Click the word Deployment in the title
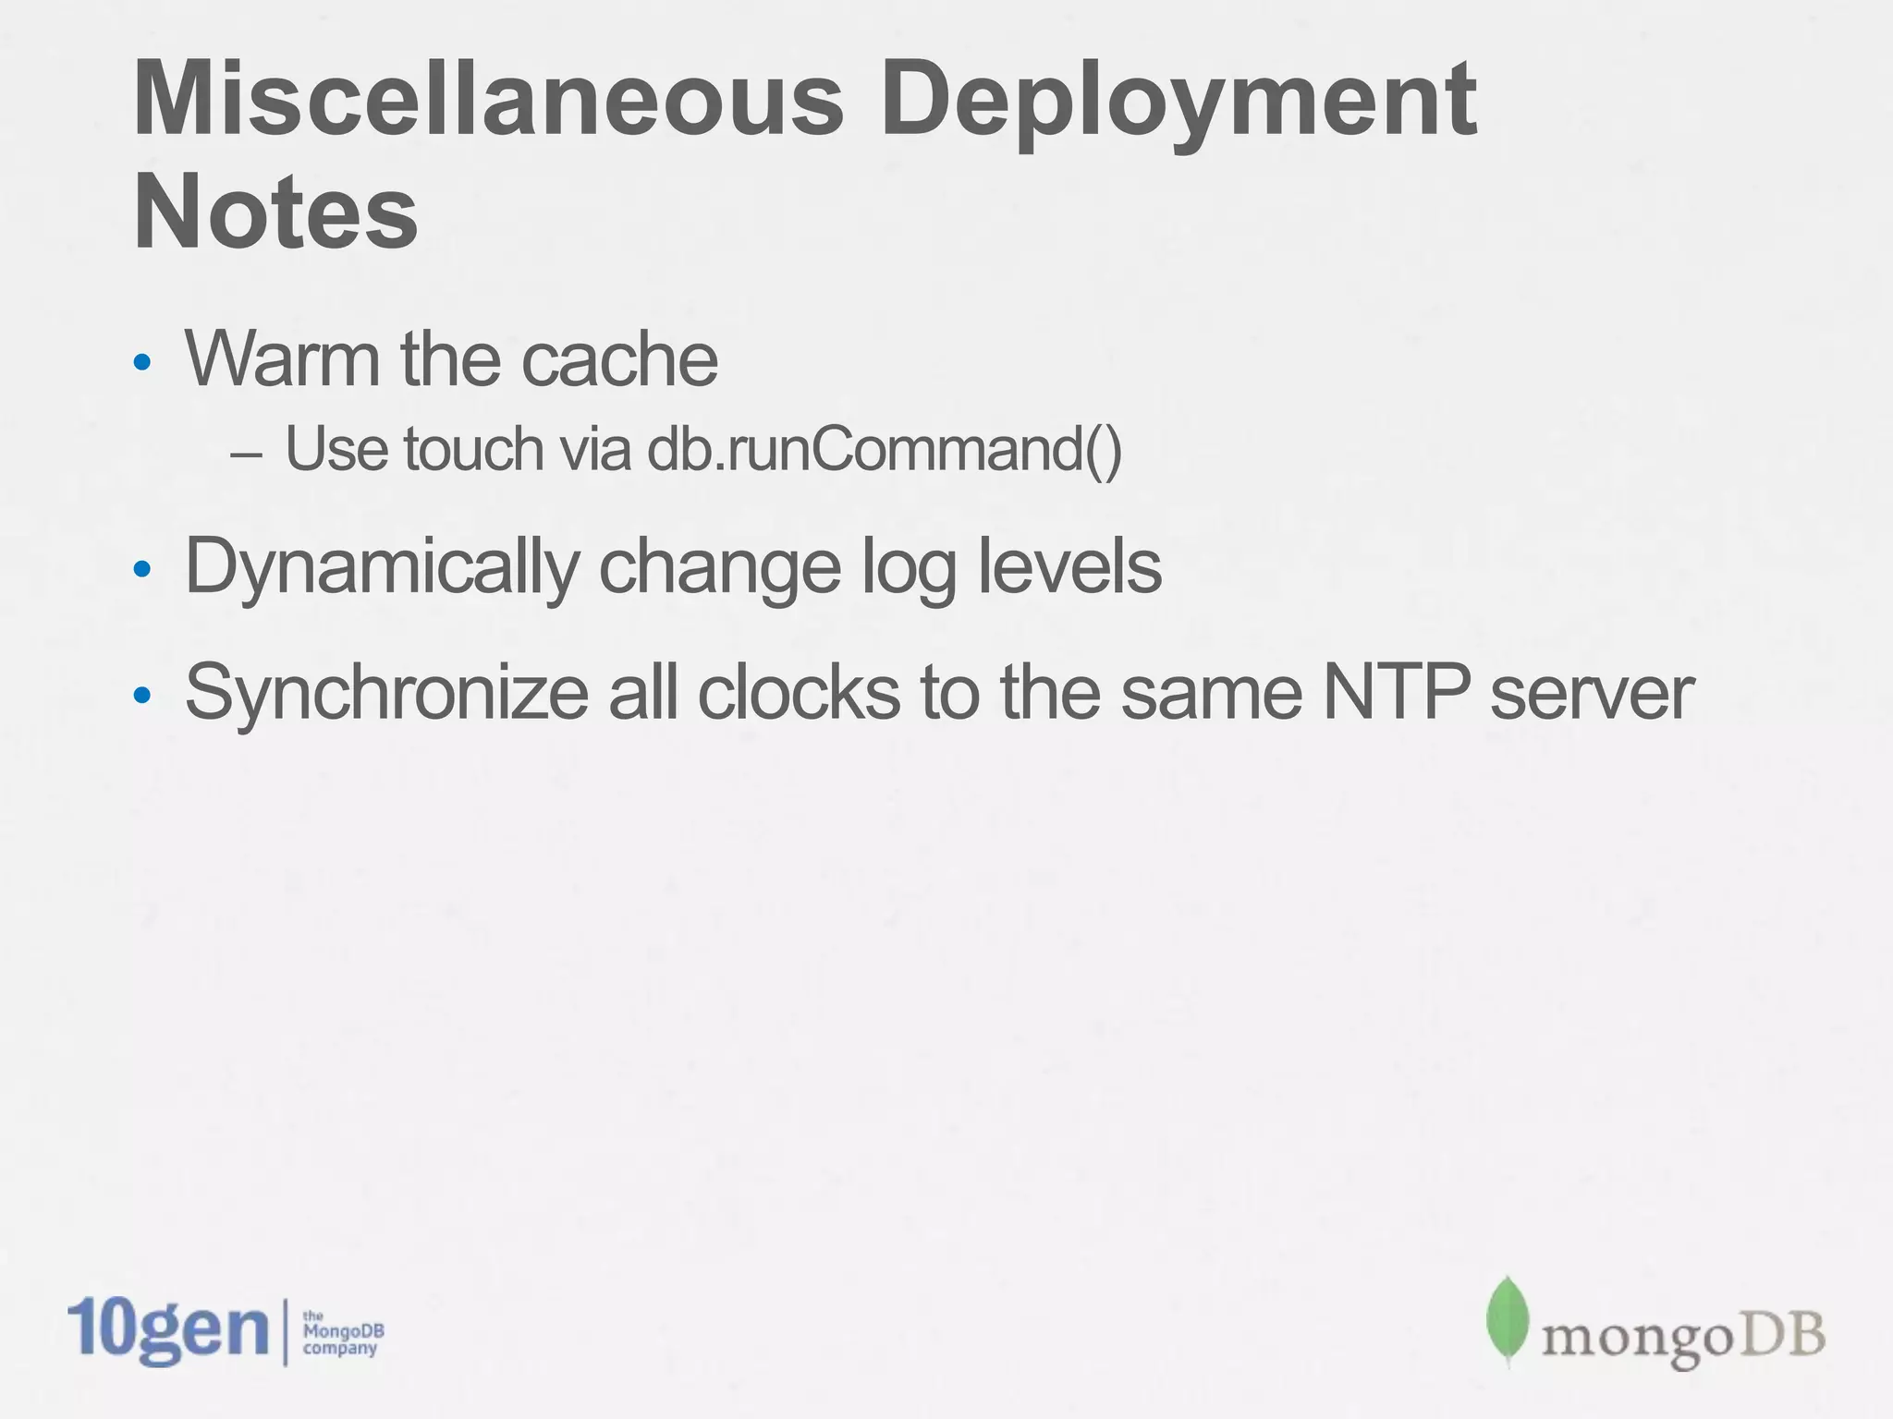coord(1179,102)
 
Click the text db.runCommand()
coord(884,450)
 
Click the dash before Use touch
coord(246,455)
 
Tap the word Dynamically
coord(381,566)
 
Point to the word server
coord(1592,694)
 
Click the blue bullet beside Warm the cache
coord(141,362)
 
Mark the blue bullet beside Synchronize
coord(141,695)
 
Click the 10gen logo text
coord(167,1330)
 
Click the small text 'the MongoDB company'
coord(342,1332)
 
